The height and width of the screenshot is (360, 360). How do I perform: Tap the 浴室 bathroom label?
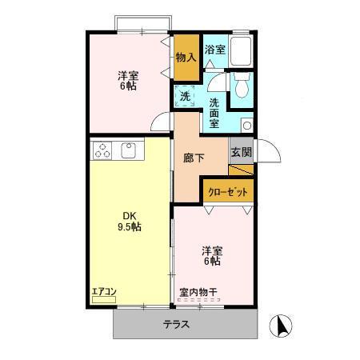coord(214,50)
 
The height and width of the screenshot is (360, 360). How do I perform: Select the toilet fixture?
coord(242,83)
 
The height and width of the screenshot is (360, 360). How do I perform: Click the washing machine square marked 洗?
coord(185,96)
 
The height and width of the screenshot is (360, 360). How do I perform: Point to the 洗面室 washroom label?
coord(214,113)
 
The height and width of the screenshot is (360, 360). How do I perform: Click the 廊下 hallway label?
coord(194,158)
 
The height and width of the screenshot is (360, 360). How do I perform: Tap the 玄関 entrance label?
coord(241,152)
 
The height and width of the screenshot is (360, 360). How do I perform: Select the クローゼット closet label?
coord(228,191)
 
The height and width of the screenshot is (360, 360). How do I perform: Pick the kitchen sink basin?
coord(127,149)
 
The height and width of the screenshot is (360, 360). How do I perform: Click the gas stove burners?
coord(102,149)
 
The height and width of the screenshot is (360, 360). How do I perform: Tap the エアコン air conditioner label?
coord(102,290)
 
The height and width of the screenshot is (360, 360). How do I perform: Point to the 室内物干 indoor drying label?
coord(197,292)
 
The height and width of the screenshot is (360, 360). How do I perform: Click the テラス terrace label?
coord(176,324)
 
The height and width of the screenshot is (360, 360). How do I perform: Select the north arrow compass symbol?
coord(282,326)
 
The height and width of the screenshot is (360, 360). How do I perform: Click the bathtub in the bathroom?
coord(242,51)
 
